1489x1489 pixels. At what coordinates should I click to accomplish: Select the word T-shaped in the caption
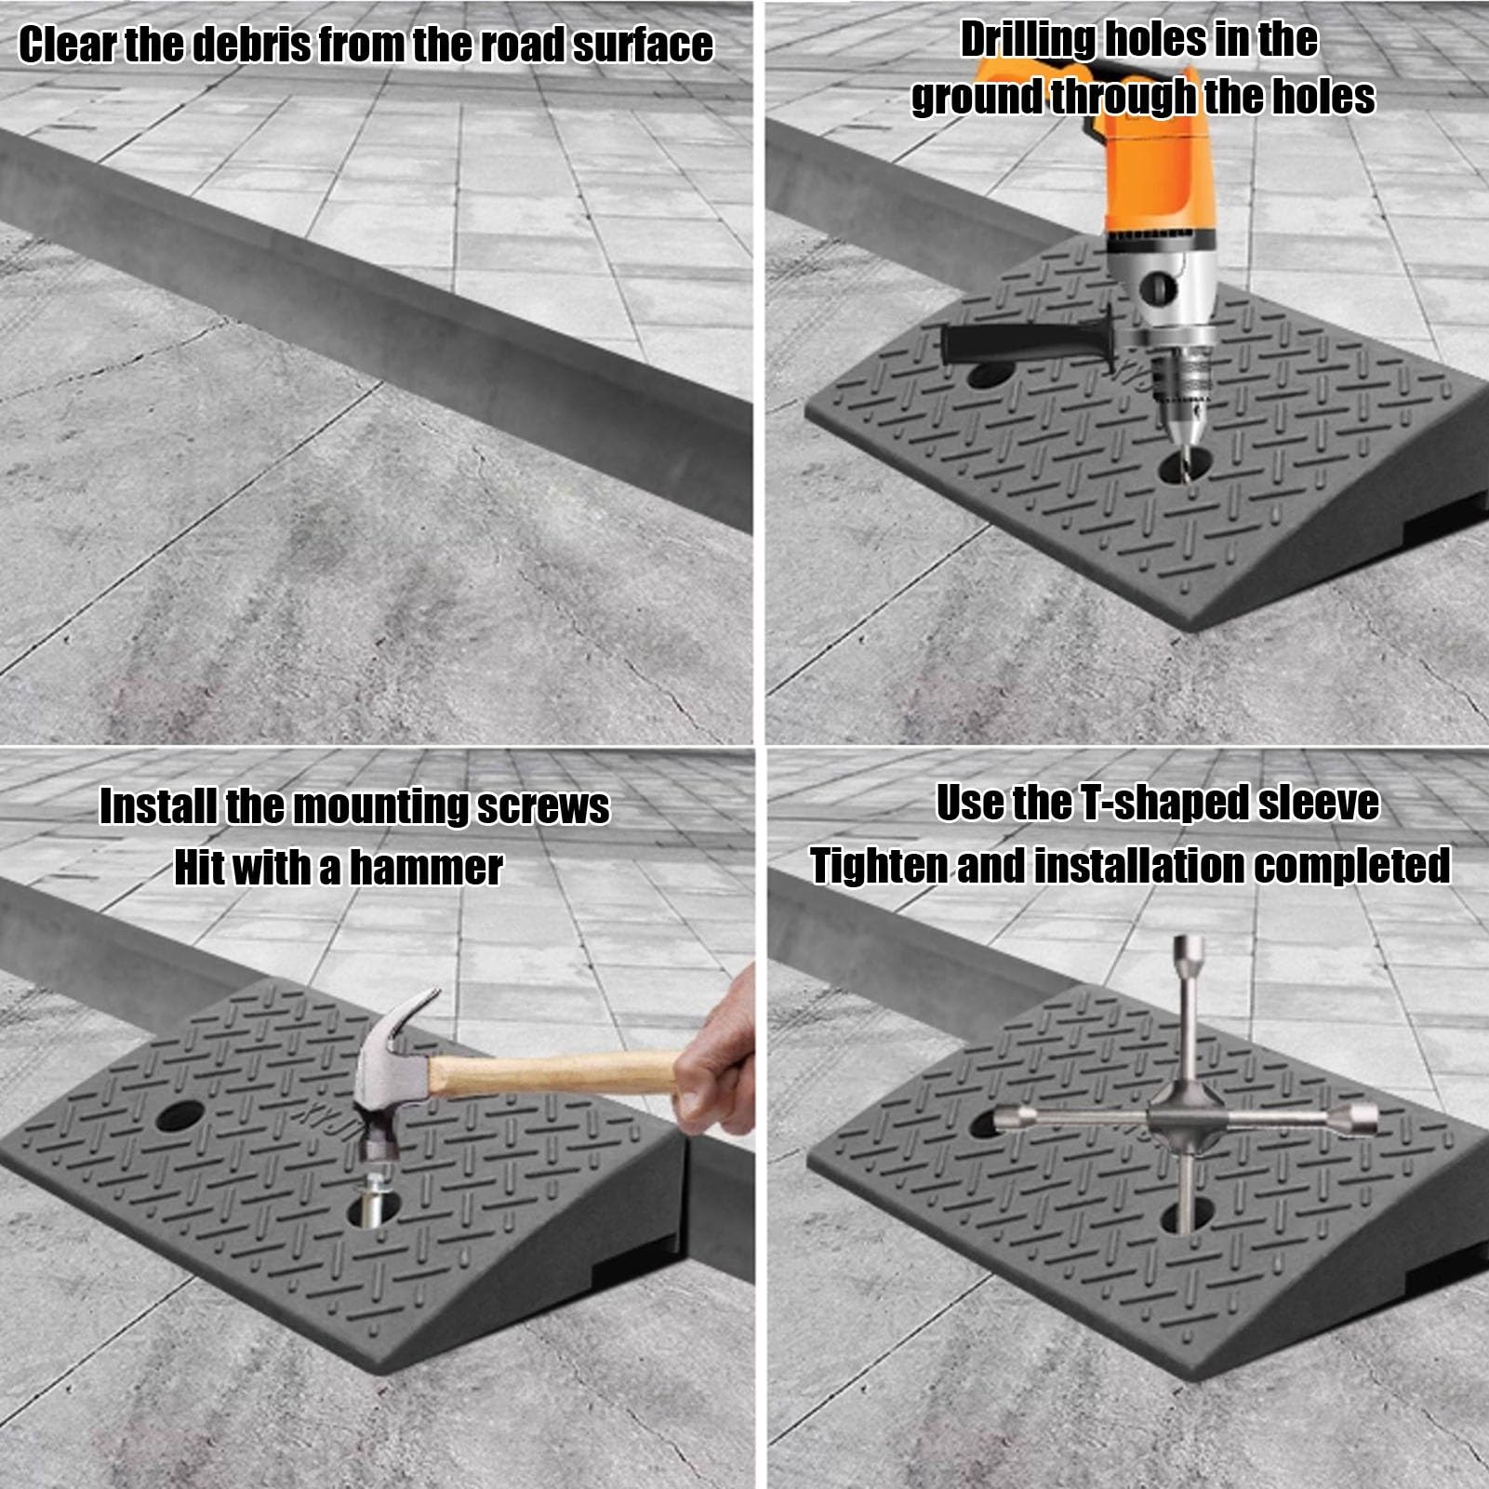click(x=1163, y=804)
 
